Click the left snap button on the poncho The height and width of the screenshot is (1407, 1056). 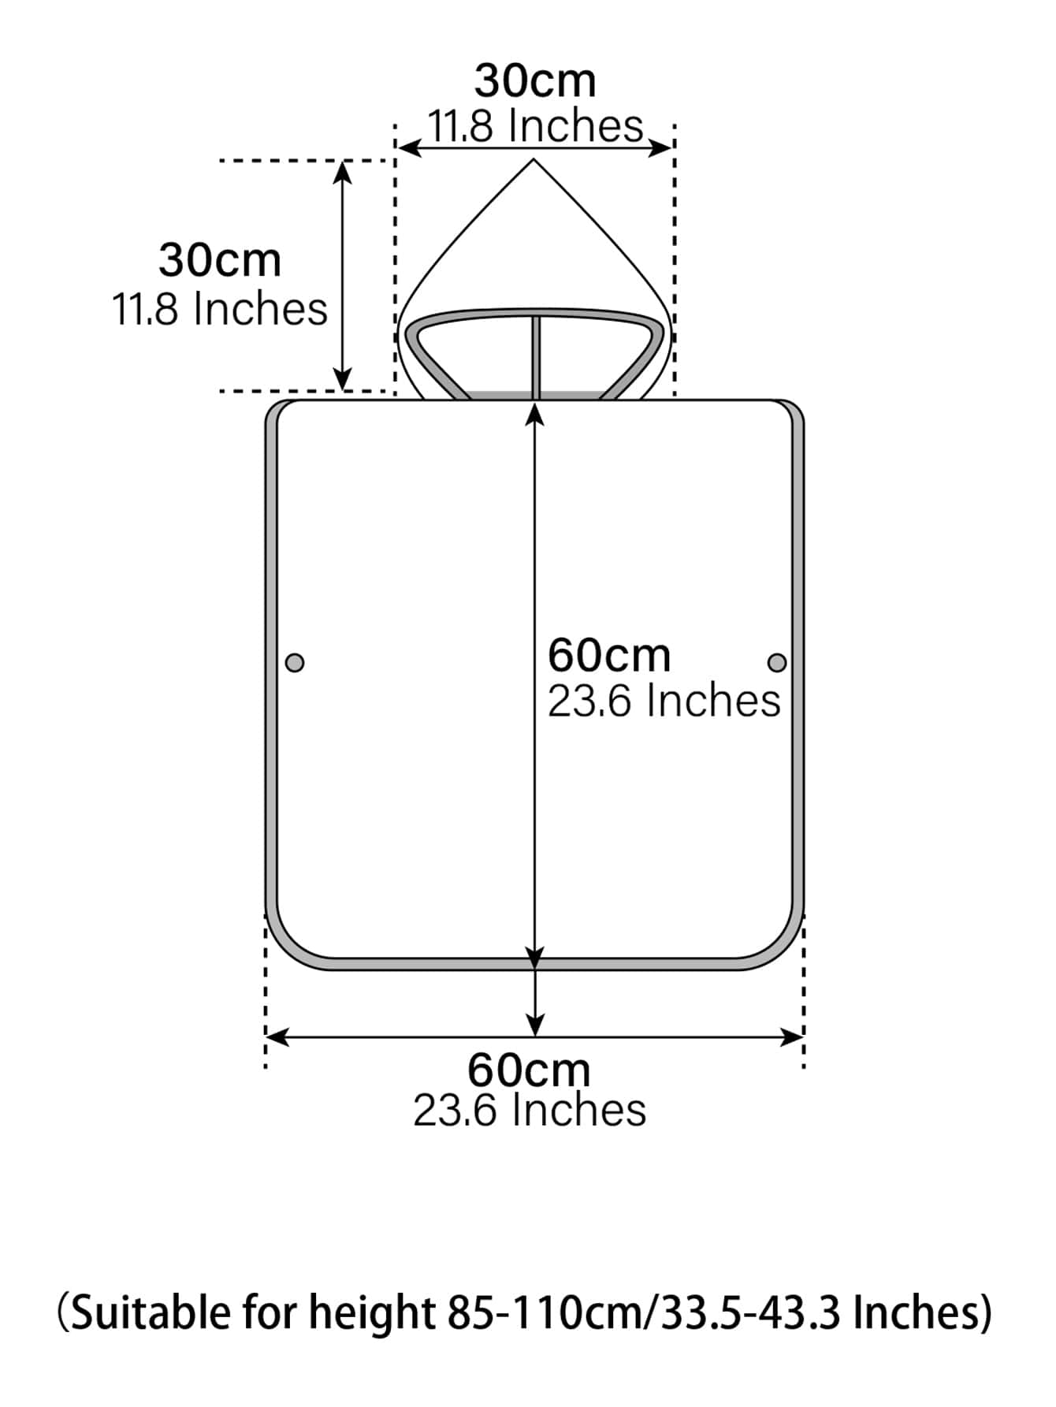[x=295, y=662]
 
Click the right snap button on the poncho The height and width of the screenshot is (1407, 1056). [x=777, y=662]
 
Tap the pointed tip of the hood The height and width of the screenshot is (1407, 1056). [x=534, y=160]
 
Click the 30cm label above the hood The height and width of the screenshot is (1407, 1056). [x=535, y=80]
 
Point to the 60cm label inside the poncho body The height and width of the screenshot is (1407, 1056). [x=609, y=654]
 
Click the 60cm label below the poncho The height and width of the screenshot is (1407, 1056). [x=529, y=1070]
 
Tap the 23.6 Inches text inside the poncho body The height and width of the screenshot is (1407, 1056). [x=664, y=701]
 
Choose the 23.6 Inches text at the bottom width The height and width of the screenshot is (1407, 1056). [x=530, y=1110]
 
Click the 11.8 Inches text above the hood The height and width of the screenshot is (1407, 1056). [x=535, y=125]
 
